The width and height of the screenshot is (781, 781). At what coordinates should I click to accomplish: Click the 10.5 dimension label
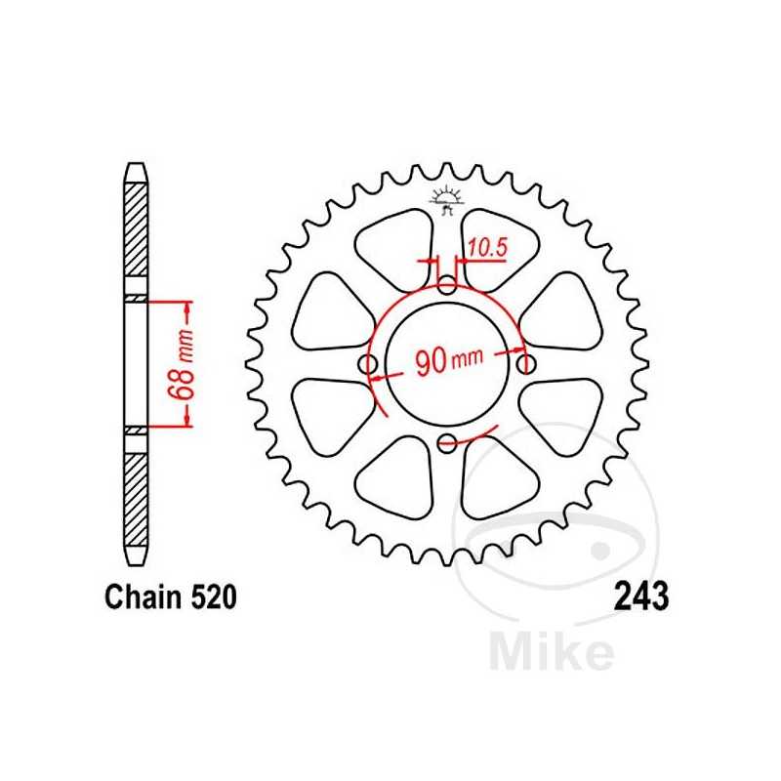point(487,249)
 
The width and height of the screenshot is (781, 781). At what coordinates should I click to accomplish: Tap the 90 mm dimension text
point(448,362)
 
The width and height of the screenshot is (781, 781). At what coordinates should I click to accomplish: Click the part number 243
point(641,596)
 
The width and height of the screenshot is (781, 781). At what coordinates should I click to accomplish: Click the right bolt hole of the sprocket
point(527,364)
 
